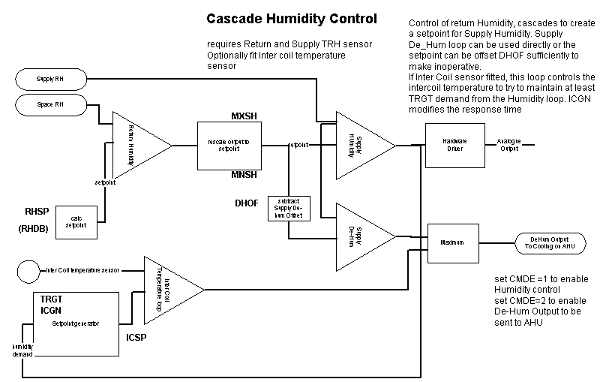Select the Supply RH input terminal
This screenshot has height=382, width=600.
coord(51,79)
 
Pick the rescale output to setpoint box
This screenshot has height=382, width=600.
coord(229,145)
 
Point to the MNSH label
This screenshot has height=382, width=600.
coord(244,175)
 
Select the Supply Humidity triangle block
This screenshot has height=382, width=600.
coord(360,146)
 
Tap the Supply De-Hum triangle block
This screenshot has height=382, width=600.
coord(360,236)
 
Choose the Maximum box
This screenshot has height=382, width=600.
coord(453,243)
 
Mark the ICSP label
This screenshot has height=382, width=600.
coord(137,337)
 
